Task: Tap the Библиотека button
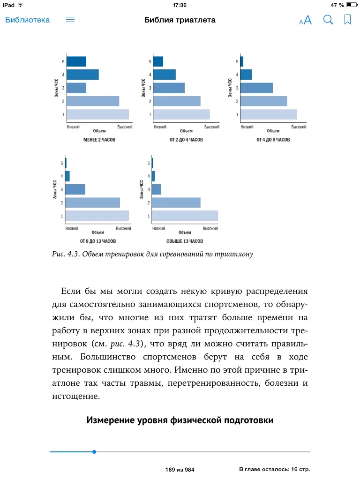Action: [x=27, y=20]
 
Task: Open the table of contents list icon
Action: [x=70, y=20]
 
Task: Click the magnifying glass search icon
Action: [x=328, y=20]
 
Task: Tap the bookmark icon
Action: [x=347, y=20]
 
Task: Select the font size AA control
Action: [x=305, y=20]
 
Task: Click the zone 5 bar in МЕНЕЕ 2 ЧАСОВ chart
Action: [x=76, y=61]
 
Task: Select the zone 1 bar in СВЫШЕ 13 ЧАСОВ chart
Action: [x=185, y=216]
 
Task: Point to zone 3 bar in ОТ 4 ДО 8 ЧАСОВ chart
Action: [x=256, y=88]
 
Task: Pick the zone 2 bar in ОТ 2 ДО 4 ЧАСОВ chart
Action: [x=177, y=101]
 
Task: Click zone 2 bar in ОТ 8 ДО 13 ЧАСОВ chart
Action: [x=92, y=202]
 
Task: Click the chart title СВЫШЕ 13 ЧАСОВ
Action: [x=185, y=241]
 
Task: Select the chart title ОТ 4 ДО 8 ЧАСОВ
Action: [x=273, y=140]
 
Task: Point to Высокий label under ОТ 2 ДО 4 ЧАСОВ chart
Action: [x=212, y=127]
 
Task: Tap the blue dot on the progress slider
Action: [x=94, y=452]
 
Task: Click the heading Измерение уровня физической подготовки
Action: [x=180, y=420]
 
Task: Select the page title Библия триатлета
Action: [x=180, y=20]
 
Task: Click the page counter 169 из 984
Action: [x=180, y=469]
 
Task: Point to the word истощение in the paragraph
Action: [x=73, y=396]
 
